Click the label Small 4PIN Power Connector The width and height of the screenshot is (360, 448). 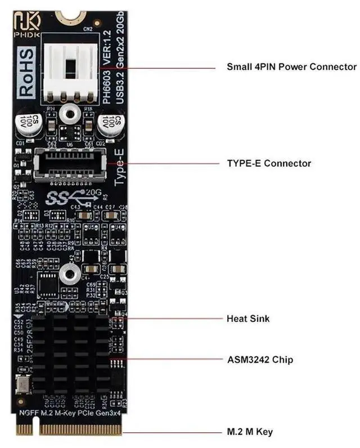(x=291, y=66)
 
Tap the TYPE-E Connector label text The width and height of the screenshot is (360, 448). (x=268, y=163)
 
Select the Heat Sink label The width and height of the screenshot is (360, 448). (x=247, y=319)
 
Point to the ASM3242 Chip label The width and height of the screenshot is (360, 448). (x=259, y=359)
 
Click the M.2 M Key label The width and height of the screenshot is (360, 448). (x=249, y=432)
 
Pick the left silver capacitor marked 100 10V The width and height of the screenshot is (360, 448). (x=28, y=125)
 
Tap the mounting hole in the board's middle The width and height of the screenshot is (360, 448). (x=69, y=274)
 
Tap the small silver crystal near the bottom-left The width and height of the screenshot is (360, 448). (x=23, y=386)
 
